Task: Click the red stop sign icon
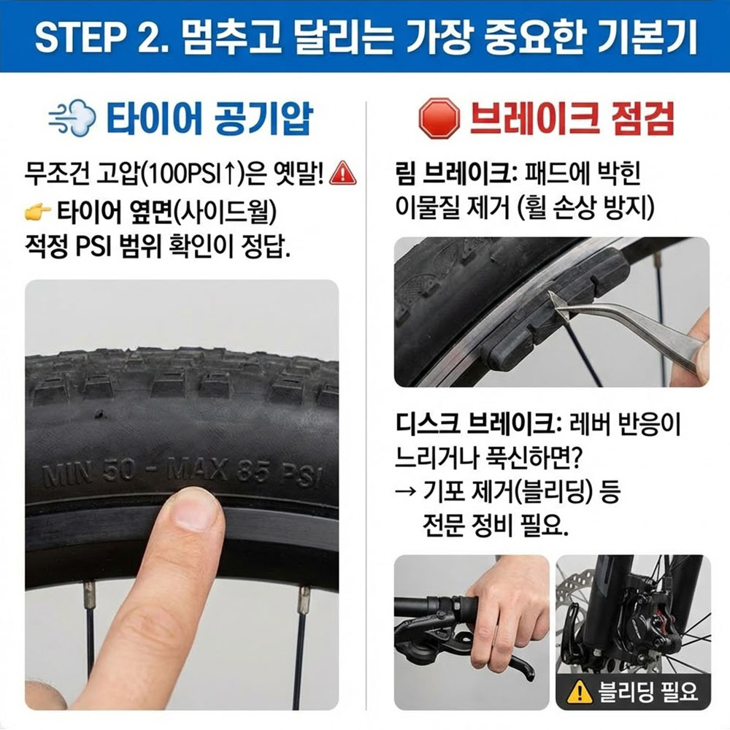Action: click(x=439, y=119)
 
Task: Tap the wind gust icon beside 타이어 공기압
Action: click(x=72, y=119)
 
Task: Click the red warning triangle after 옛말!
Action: click(x=342, y=173)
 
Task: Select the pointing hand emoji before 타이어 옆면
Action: click(x=38, y=212)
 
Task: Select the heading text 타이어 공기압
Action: click(x=210, y=119)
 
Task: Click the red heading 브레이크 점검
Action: click(x=572, y=119)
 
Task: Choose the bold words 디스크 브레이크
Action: click(x=475, y=425)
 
